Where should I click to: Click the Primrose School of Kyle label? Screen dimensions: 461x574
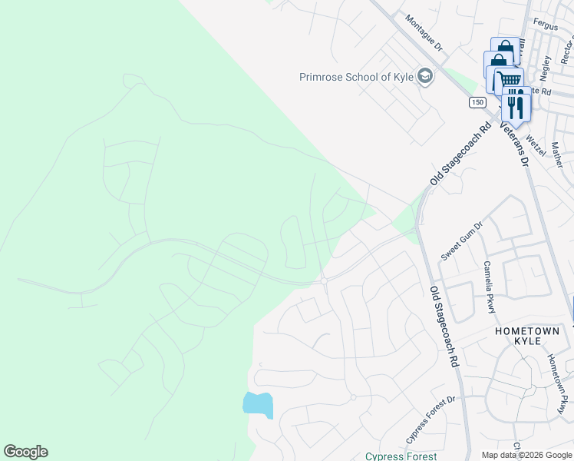pos(356,77)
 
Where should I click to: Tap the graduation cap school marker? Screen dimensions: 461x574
pos(425,76)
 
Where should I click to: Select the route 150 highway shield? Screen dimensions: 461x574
pos(478,102)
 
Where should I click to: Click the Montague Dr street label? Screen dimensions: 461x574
pos(424,34)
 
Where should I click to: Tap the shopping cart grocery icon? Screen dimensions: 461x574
pos(510,80)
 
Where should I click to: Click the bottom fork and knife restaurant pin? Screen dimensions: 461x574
pos(515,105)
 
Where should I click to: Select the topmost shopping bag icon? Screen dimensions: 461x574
pos(504,49)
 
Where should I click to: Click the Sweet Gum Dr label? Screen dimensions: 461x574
pos(460,240)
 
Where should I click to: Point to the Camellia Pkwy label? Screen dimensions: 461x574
pos(488,287)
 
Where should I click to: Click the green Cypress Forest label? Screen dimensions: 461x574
pos(401,456)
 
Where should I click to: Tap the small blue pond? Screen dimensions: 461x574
pos(258,403)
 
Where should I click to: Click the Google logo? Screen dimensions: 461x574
pos(25,452)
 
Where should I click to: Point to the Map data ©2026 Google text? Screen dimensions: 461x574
pos(526,455)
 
